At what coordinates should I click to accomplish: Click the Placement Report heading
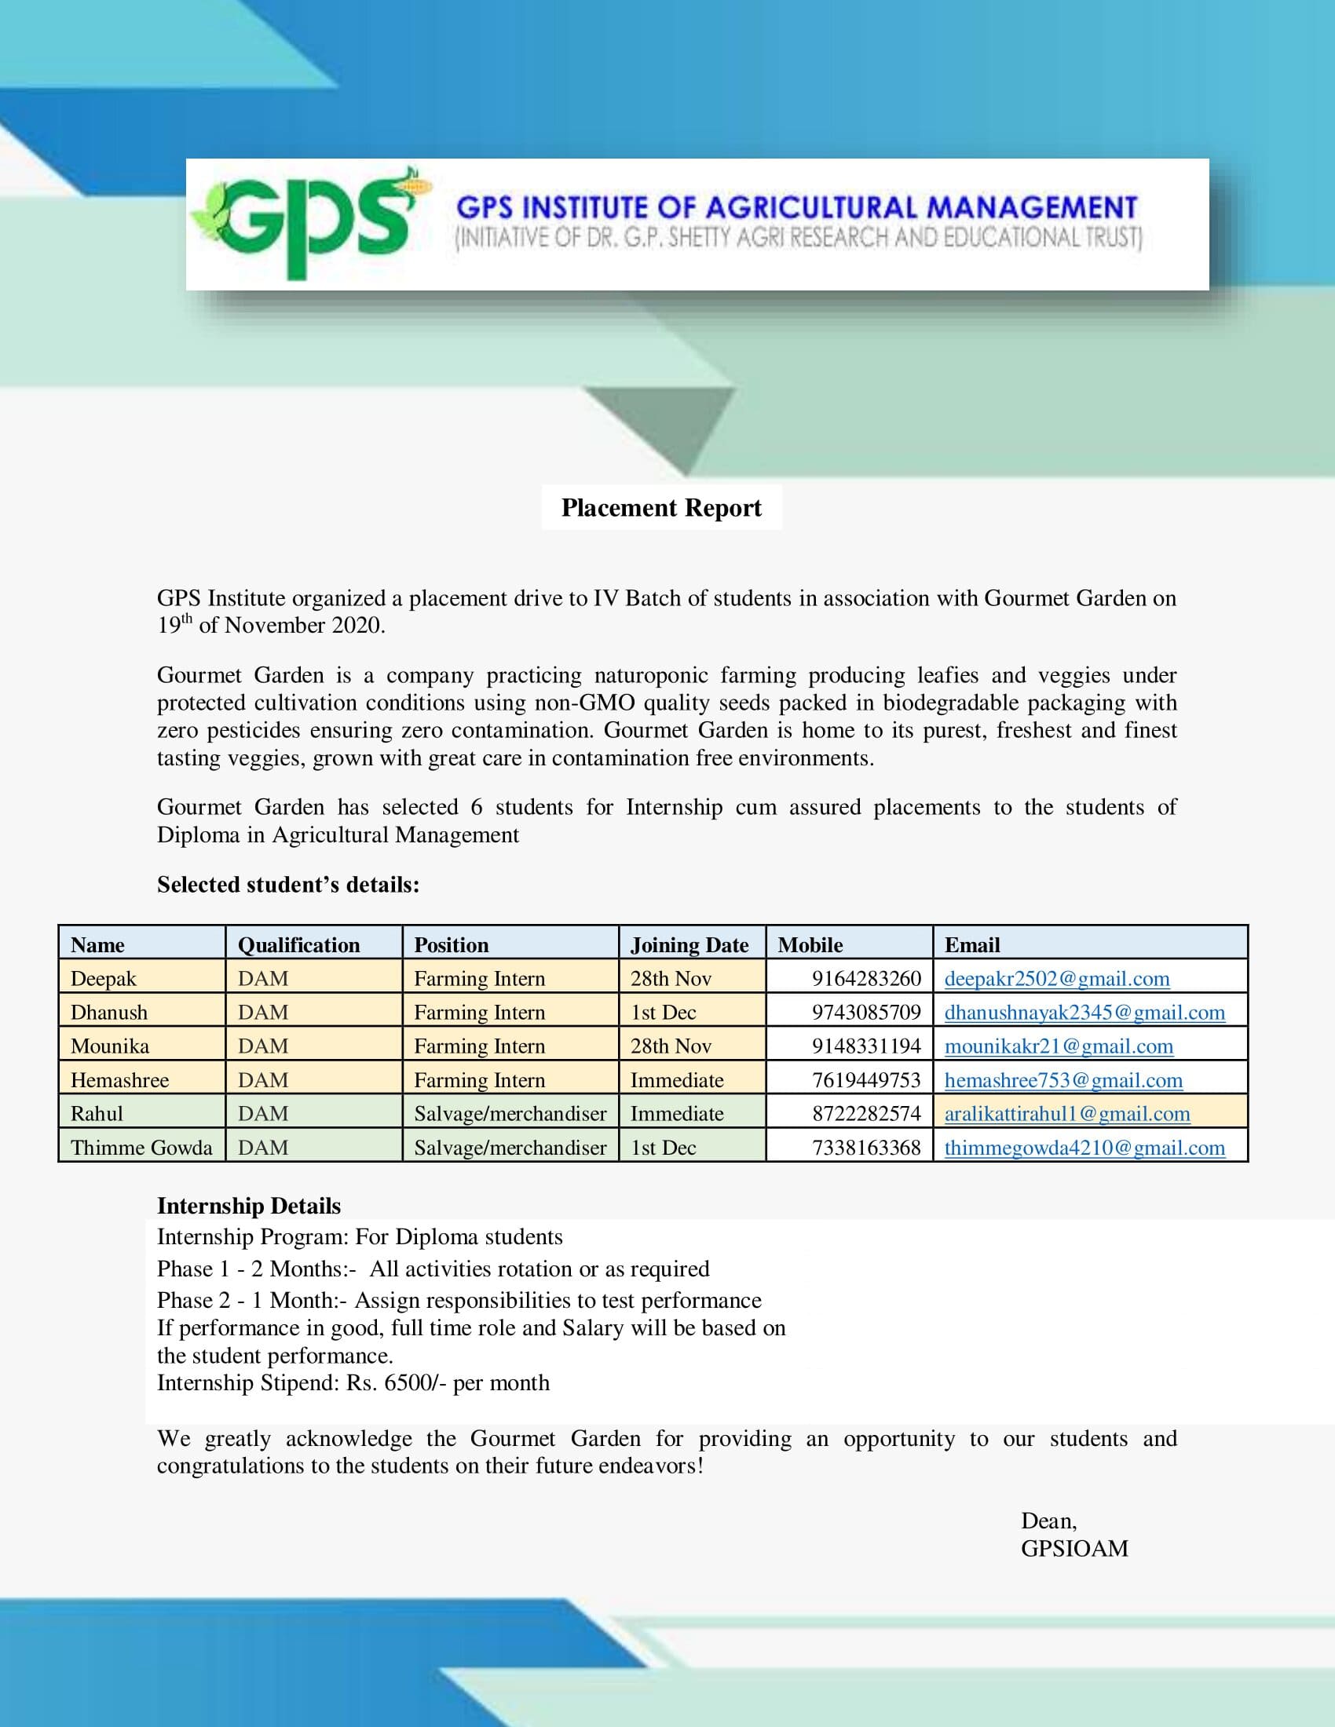tap(661, 508)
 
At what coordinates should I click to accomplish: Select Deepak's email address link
tap(1056, 979)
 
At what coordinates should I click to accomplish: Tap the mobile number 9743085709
tap(866, 1012)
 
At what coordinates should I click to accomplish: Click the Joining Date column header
tap(689, 945)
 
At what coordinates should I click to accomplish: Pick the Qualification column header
tap(298, 945)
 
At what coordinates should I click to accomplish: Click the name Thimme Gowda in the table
tap(141, 1148)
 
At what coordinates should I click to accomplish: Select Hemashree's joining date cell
tap(676, 1080)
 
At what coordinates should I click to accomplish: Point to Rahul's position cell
tap(510, 1113)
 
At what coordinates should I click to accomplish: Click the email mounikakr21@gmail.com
tap(1059, 1046)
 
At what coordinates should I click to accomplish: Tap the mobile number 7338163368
tap(866, 1148)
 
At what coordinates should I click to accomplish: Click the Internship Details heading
tap(248, 1206)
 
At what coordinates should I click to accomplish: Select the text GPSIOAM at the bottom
tap(1074, 1548)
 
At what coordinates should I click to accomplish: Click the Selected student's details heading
tap(288, 884)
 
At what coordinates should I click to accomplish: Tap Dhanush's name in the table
tap(108, 1012)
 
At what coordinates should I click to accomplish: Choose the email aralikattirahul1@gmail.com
tap(1067, 1113)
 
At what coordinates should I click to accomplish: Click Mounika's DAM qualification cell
tap(262, 1046)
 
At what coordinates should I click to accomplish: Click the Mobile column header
tap(810, 945)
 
